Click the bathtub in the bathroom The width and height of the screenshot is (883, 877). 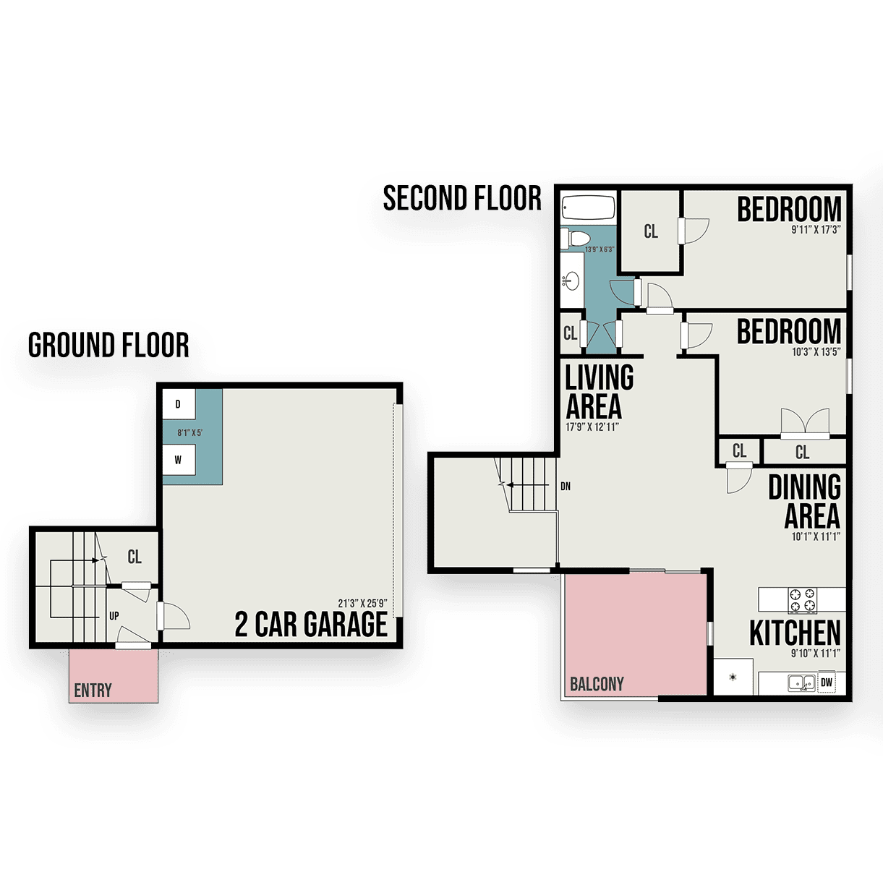(588, 209)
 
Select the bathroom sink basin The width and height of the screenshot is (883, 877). (571, 281)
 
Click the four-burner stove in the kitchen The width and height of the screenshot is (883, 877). (802, 600)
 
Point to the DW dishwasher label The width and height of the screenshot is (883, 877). (826, 683)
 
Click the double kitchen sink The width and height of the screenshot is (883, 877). (801, 683)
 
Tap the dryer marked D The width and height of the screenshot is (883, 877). (179, 404)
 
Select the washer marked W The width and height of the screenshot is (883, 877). (179, 460)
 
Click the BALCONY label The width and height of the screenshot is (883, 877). (597, 684)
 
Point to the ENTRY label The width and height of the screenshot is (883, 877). (93, 690)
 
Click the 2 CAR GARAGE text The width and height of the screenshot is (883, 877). (311, 624)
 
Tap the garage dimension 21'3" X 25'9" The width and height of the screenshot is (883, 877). (363, 604)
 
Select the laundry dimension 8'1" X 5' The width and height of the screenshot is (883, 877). (189, 432)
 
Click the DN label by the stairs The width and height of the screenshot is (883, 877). (566, 487)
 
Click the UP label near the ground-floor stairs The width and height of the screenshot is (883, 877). (114, 616)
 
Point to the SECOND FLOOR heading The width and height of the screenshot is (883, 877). (462, 198)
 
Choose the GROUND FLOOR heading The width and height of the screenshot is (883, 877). (108, 345)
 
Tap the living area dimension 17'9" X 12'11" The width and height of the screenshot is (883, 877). (592, 427)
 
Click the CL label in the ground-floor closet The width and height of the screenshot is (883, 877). (135, 557)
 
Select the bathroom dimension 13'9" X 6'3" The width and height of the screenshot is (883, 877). (600, 249)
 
